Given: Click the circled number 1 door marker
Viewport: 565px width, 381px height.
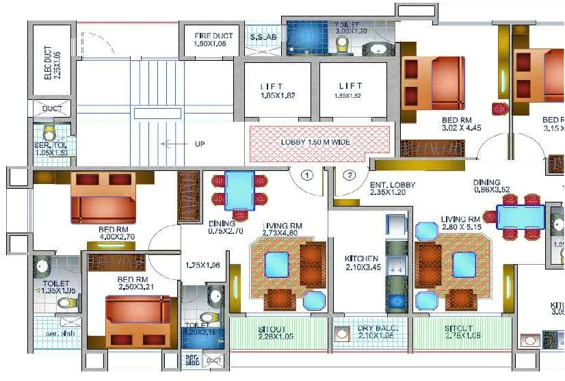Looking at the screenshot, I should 308,175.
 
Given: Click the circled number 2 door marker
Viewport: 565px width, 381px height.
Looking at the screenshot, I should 350,175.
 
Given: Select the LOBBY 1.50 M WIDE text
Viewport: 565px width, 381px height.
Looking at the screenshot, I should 319,143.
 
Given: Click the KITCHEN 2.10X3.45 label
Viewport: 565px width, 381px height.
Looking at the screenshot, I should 362,263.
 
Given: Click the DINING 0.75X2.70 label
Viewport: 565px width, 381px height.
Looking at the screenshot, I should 222,227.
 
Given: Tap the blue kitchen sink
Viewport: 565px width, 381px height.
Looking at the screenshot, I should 396,302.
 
